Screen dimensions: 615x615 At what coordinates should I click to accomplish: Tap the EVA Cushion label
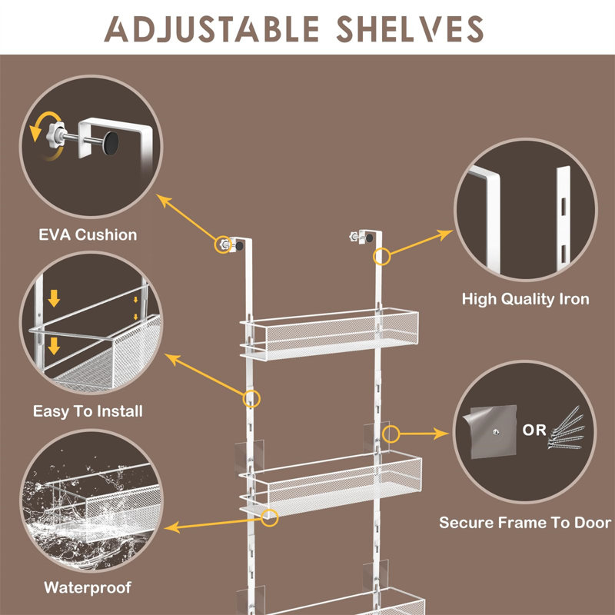[88, 234]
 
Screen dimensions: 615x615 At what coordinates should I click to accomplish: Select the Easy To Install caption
[88, 411]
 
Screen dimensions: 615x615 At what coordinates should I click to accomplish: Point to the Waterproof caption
[88, 588]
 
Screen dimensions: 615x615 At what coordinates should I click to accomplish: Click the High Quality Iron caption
[526, 298]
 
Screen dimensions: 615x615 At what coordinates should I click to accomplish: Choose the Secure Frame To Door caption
[525, 523]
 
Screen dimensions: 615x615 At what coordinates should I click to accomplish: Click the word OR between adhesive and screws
[534, 430]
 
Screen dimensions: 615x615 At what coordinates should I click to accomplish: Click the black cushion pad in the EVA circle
[113, 142]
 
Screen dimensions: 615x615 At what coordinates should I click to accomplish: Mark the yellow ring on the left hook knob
[223, 244]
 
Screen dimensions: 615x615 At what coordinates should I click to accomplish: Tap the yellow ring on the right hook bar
[382, 256]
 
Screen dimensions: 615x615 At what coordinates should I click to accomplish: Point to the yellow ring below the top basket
[251, 398]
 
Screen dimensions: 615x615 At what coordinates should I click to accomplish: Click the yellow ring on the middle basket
[270, 517]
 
